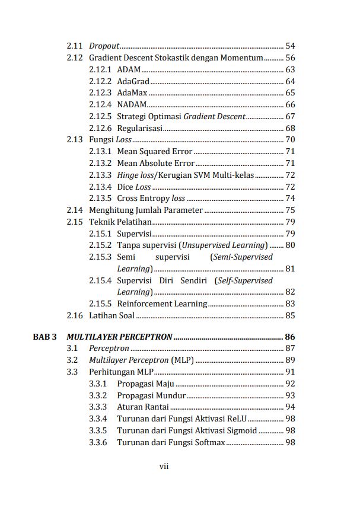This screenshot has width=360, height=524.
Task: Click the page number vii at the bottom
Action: click(164, 466)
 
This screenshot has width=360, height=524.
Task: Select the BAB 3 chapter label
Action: click(44, 337)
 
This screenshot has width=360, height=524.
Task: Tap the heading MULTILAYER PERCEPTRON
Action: click(119, 337)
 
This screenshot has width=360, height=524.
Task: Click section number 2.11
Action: click(74, 46)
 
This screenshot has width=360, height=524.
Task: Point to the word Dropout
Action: click(104, 46)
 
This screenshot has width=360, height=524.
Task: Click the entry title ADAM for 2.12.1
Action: click(129, 69)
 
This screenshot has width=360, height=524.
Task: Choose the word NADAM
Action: click(131, 104)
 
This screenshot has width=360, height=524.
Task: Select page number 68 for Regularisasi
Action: click(290, 128)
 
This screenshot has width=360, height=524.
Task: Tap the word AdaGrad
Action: click(133, 81)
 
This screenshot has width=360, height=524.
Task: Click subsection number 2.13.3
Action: click(100, 175)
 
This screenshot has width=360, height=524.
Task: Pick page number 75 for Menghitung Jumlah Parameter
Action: click(290, 210)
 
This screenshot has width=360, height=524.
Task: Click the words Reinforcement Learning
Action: click(162, 303)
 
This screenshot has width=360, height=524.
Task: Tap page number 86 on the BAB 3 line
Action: click(290, 337)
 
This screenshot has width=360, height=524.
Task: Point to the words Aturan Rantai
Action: click(143, 407)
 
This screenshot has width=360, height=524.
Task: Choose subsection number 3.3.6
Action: click(98, 442)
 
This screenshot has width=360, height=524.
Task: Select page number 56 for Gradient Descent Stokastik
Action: click(290, 57)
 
